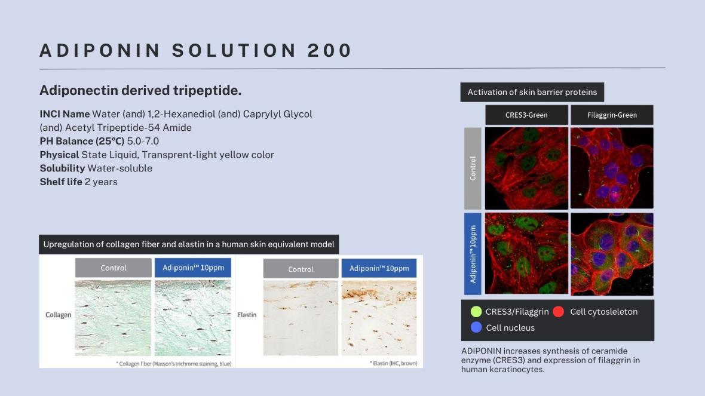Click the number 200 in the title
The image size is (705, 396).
click(330, 50)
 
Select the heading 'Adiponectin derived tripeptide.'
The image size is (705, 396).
click(140, 90)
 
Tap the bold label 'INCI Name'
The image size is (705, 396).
click(65, 114)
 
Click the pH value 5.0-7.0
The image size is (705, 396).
click(143, 141)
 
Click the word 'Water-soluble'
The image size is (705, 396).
click(119, 168)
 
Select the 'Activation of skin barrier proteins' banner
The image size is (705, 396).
click(532, 92)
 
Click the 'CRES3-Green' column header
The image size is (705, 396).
click(526, 115)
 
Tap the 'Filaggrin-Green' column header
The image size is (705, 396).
click(612, 115)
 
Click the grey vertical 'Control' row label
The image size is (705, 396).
click(473, 168)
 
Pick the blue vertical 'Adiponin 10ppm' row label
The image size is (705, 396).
click(473, 254)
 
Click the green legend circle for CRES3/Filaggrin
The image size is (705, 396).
click(476, 312)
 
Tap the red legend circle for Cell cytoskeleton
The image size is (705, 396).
click(559, 312)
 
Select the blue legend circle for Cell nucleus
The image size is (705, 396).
click(476, 328)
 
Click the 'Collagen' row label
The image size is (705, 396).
click(59, 315)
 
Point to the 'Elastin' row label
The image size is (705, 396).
click(247, 315)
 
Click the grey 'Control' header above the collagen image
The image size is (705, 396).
click(114, 268)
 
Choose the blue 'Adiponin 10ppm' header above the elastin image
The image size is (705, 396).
click(379, 268)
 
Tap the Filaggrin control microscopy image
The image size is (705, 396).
click(612, 168)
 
